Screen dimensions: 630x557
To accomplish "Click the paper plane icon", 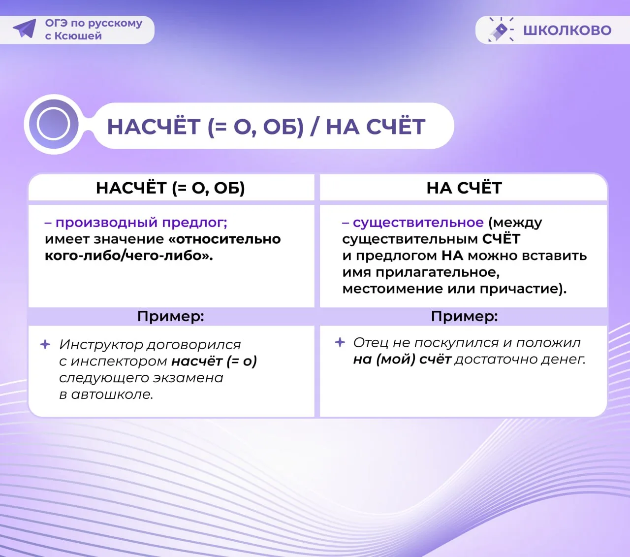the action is tap(25, 29).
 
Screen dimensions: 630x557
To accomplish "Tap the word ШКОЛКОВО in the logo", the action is tap(567, 31).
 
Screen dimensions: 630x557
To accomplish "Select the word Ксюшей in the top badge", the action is tap(78, 36).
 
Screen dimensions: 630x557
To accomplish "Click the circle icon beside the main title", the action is tap(54, 124).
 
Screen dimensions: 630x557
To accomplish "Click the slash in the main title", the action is tap(315, 127).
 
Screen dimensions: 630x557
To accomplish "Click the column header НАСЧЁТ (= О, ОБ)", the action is tap(170, 188).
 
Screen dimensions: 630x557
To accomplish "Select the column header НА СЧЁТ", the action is tap(464, 188).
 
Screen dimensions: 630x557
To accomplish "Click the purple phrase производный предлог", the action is tap(141, 223).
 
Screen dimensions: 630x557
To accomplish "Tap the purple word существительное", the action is tap(418, 223).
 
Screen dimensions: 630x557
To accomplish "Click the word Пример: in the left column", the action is tap(171, 317).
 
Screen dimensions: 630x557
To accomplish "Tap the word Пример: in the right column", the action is tap(464, 317).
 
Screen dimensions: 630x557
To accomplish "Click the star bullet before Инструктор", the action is tap(45, 344).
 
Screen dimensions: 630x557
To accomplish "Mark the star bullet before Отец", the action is tap(340, 342).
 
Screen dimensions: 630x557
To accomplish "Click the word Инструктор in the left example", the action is tap(101, 345).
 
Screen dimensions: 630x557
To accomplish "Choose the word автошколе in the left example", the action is tap(112, 394).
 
